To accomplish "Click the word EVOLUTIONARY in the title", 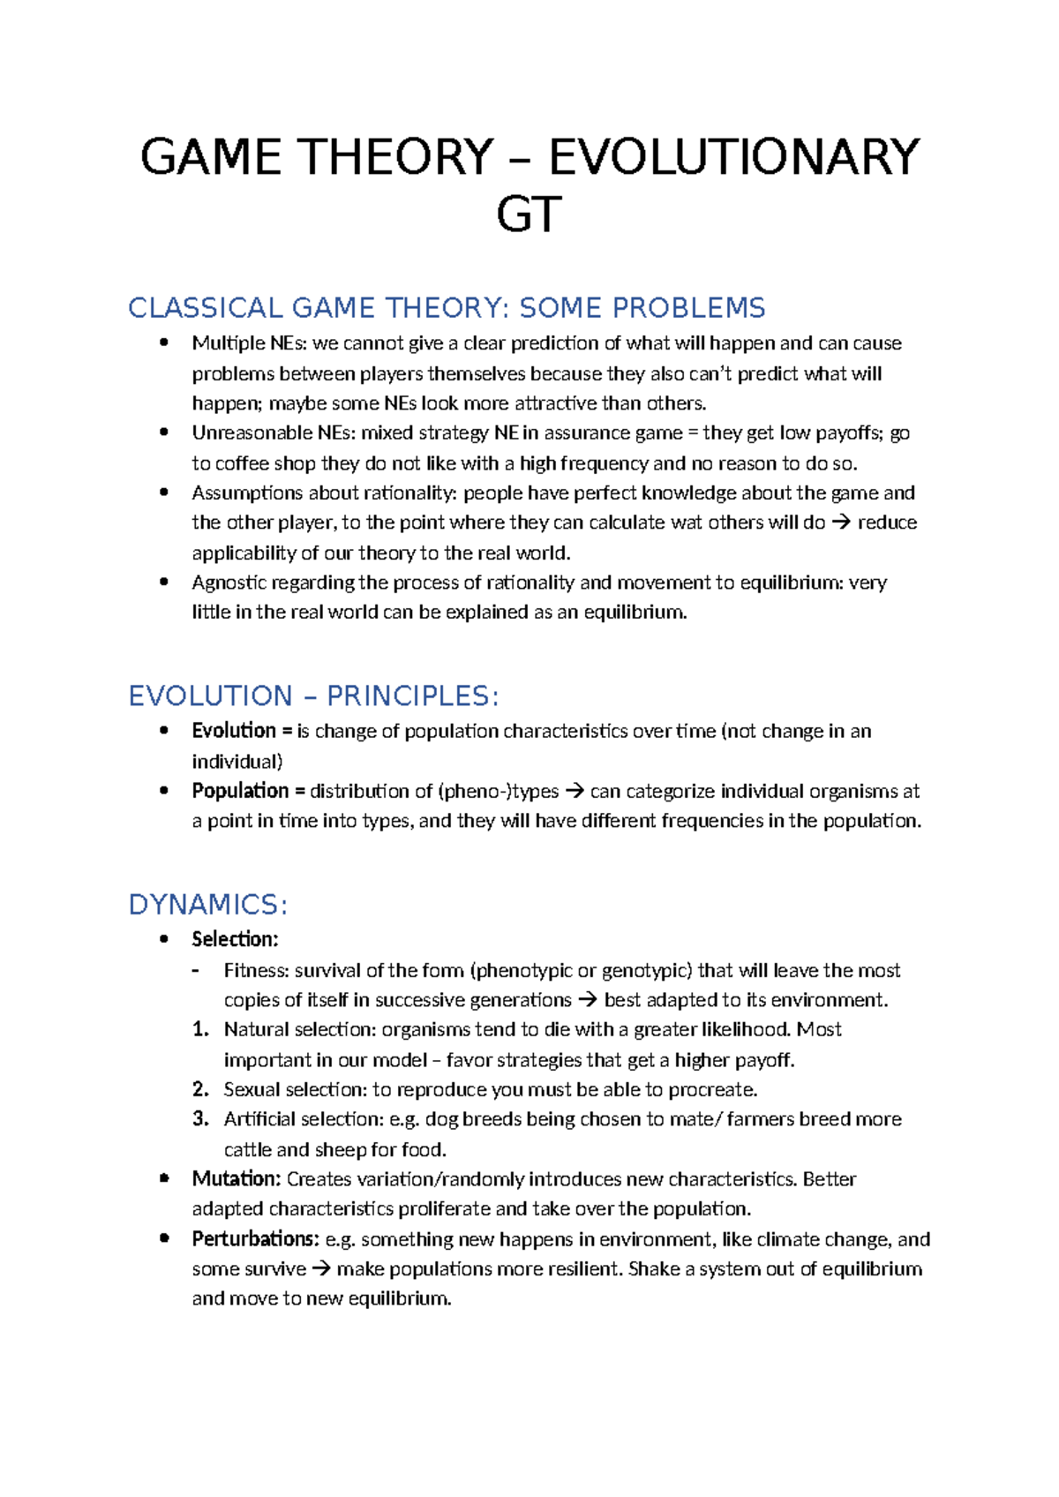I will tap(734, 158).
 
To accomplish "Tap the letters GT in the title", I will tap(529, 215).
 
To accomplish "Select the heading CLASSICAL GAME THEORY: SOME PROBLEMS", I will tap(447, 308).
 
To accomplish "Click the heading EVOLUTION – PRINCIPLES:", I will tap(313, 696).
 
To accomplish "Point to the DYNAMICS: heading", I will tap(208, 905).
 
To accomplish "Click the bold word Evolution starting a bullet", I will tap(234, 731).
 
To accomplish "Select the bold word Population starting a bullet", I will tap(240, 791).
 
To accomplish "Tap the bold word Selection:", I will tap(235, 939).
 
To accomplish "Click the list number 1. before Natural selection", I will tap(200, 1030).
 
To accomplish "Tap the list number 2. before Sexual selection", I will tap(200, 1089).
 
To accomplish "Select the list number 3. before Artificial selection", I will tap(200, 1119).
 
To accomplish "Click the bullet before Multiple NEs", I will tap(163, 343).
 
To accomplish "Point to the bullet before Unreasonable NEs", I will tap(163, 433).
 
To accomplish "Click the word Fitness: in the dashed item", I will tap(256, 971).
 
